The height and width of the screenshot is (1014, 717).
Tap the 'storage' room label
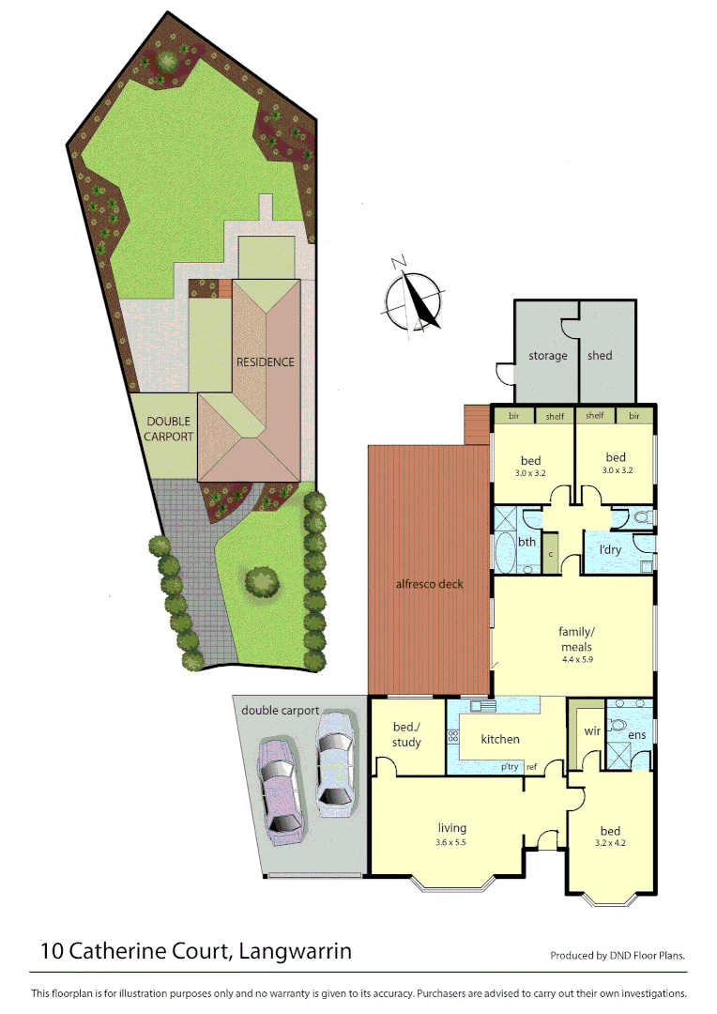(547, 356)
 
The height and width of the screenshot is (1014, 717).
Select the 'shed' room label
(600, 356)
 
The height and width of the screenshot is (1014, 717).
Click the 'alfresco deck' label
(429, 584)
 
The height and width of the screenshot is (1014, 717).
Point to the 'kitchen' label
(500, 739)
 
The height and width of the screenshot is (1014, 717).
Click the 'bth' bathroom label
(527, 542)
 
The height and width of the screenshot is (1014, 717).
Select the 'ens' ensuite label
(636, 735)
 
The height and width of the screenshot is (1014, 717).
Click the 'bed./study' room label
(406, 735)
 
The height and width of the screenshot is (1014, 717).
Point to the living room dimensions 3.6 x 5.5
(450, 842)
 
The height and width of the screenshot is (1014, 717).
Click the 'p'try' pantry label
(510, 767)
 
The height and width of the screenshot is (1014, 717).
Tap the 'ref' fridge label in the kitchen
(531, 767)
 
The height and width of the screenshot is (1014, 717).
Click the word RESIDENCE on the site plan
(265, 361)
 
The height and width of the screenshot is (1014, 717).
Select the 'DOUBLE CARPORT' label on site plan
(169, 429)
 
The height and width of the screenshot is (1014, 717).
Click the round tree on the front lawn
(262, 580)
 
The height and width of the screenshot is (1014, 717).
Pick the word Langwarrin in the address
(296, 951)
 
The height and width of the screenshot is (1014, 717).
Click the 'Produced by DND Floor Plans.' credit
(618, 956)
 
